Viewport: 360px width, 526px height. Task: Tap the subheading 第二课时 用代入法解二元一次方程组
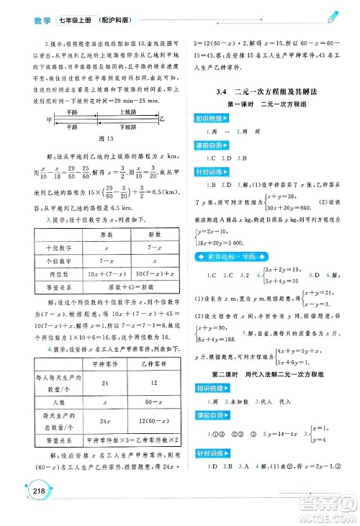point(266,376)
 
